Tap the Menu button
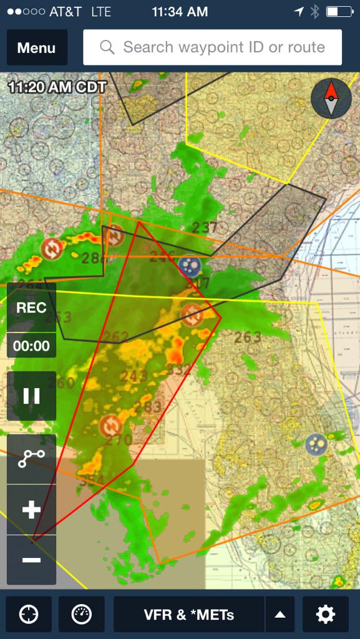(37, 47)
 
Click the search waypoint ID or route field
(212, 47)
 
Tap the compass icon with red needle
(331, 99)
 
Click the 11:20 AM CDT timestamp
(57, 87)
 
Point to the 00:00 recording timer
(31, 346)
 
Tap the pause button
(31, 396)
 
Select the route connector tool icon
(31, 459)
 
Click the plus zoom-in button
(31, 510)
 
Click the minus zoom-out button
(31, 560)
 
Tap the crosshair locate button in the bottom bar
(28, 615)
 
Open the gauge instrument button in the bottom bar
(82, 615)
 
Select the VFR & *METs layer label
(189, 615)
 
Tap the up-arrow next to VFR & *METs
(280, 615)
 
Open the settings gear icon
(325, 615)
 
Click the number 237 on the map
(205, 228)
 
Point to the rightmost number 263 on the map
(248, 338)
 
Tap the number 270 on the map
(119, 441)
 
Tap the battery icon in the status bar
(339, 11)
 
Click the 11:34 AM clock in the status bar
(180, 11)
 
